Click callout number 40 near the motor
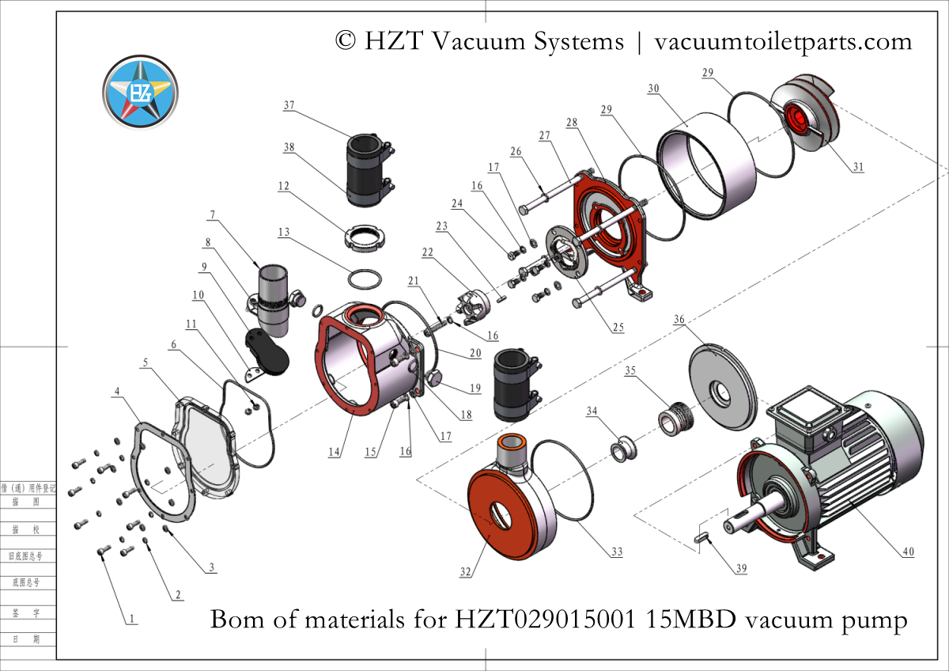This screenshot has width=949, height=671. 908,552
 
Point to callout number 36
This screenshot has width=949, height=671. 679,320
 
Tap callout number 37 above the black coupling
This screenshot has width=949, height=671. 289,105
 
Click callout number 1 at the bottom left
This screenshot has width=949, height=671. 132,619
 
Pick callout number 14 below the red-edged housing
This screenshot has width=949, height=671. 335,451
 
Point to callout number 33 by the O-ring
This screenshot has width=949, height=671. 614,552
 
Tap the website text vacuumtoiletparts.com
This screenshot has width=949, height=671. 784,40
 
